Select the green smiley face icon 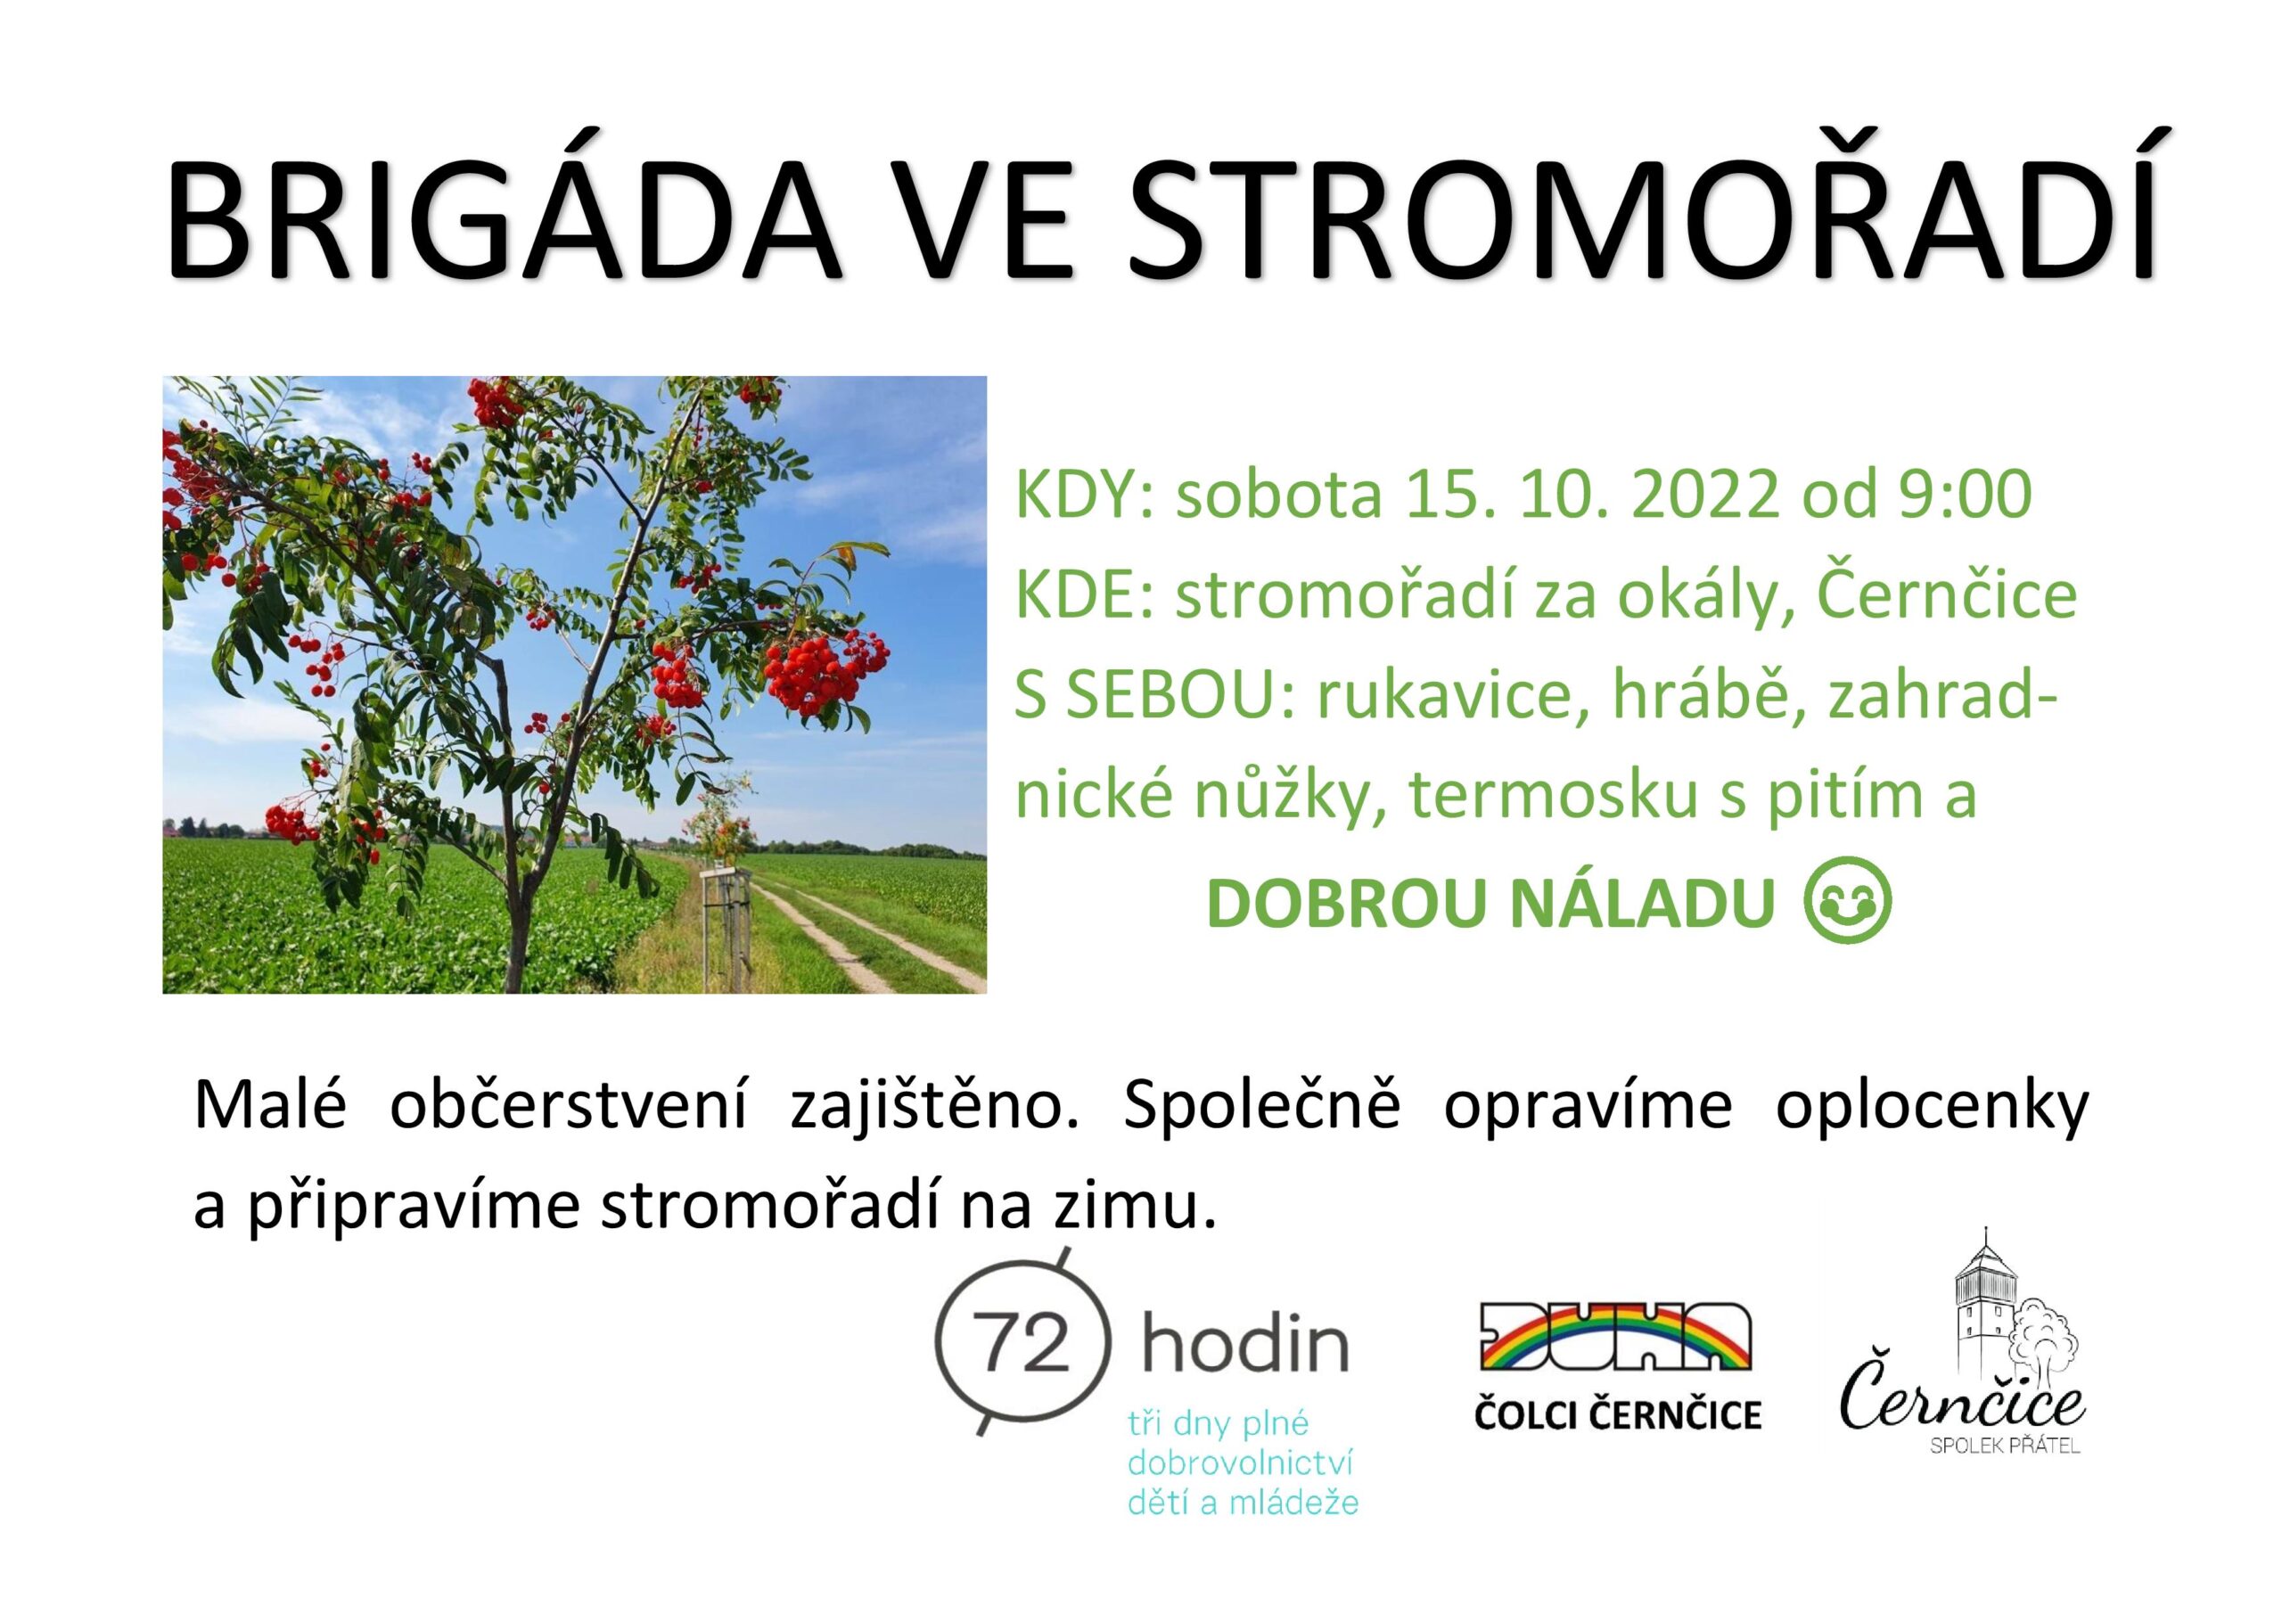1846,903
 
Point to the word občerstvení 568,1107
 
